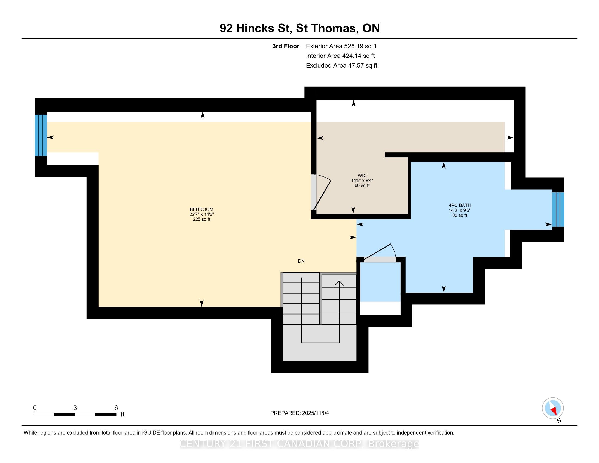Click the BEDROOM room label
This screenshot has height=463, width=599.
201,209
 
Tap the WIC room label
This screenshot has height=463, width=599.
362,176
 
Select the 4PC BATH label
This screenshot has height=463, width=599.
460,205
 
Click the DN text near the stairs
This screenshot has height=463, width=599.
301,261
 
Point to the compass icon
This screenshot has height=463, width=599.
553,408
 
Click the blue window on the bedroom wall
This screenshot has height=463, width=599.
41,135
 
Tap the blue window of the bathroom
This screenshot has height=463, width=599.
558,209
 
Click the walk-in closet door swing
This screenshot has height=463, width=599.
322,192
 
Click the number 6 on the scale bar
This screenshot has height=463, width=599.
116,408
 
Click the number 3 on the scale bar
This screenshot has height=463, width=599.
75,408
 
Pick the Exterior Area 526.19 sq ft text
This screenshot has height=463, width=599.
341,46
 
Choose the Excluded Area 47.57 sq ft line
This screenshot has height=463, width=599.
341,65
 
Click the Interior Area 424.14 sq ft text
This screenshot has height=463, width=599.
340,56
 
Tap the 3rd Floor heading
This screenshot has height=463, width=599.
286,46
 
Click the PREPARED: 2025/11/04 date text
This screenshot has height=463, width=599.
299,413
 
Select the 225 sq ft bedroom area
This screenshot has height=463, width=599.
201,219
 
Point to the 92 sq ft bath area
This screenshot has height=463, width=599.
460,215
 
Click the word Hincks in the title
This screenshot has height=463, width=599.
255,28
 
